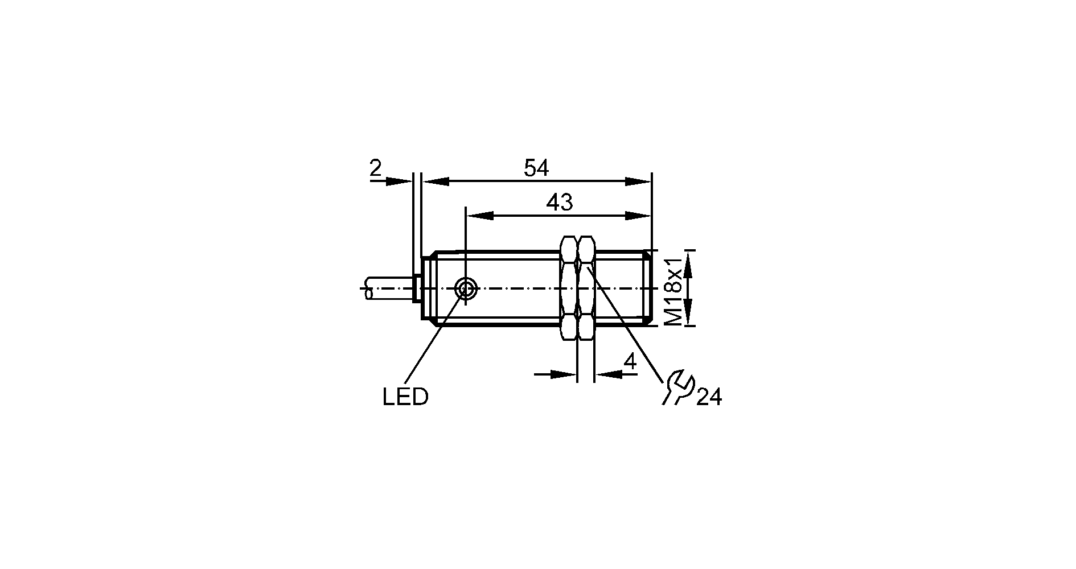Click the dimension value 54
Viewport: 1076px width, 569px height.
536,168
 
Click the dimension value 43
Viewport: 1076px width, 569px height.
560,203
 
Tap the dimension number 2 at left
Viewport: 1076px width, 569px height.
375,168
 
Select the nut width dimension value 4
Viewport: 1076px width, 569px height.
630,362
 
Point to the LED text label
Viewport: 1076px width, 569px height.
405,397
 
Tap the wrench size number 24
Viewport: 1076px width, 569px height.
709,398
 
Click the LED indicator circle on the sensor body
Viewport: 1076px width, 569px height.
466,289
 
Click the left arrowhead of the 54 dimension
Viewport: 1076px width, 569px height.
436,182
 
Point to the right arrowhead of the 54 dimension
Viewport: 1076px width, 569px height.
638,182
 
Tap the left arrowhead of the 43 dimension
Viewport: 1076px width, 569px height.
479,216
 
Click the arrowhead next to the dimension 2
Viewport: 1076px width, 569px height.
399,182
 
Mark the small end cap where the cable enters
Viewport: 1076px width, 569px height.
416,288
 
